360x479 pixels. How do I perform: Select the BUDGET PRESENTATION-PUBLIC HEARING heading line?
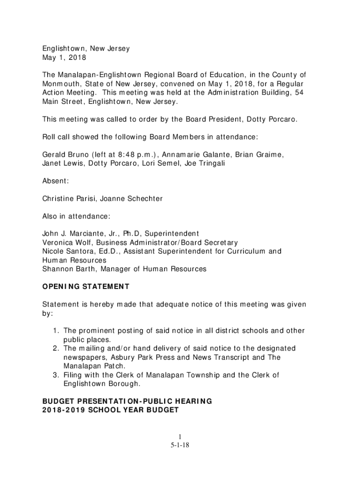[127, 401]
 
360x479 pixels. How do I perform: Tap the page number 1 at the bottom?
[180, 437]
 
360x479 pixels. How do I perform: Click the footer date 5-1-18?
[180, 445]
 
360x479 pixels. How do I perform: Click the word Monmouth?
[62, 84]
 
